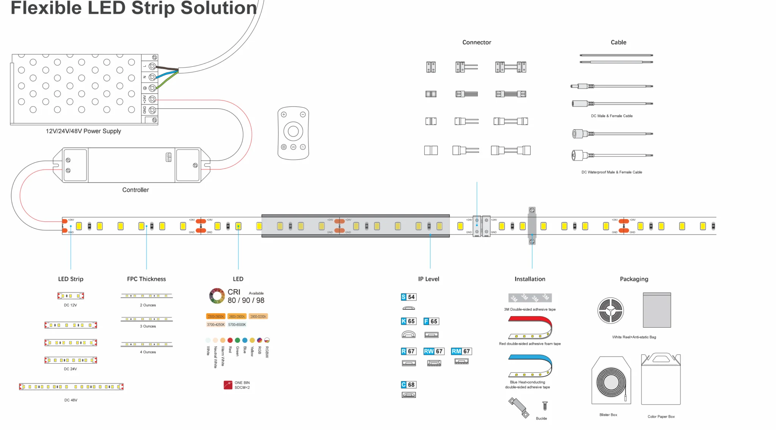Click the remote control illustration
coord(293,133)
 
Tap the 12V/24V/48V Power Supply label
coord(83,131)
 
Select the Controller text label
coord(135,190)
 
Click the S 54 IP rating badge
coord(408,297)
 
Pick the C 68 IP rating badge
coord(408,384)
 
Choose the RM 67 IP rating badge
coord(461,351)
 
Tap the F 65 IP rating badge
coord(431,321)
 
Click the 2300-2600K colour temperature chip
coord(216,316)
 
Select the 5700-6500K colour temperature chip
coord(237,325)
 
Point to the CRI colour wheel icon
coord(217,296)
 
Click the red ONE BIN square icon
coord(228,385)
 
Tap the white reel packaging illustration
coord(610,310)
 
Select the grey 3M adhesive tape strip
coord(530,298)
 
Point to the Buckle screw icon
coord(545,406)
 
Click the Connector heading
coord(476,42)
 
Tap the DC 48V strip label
coord(71,400)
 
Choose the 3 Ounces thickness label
coord(148,326)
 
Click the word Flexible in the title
coord(46,8)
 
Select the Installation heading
coord(530,279)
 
